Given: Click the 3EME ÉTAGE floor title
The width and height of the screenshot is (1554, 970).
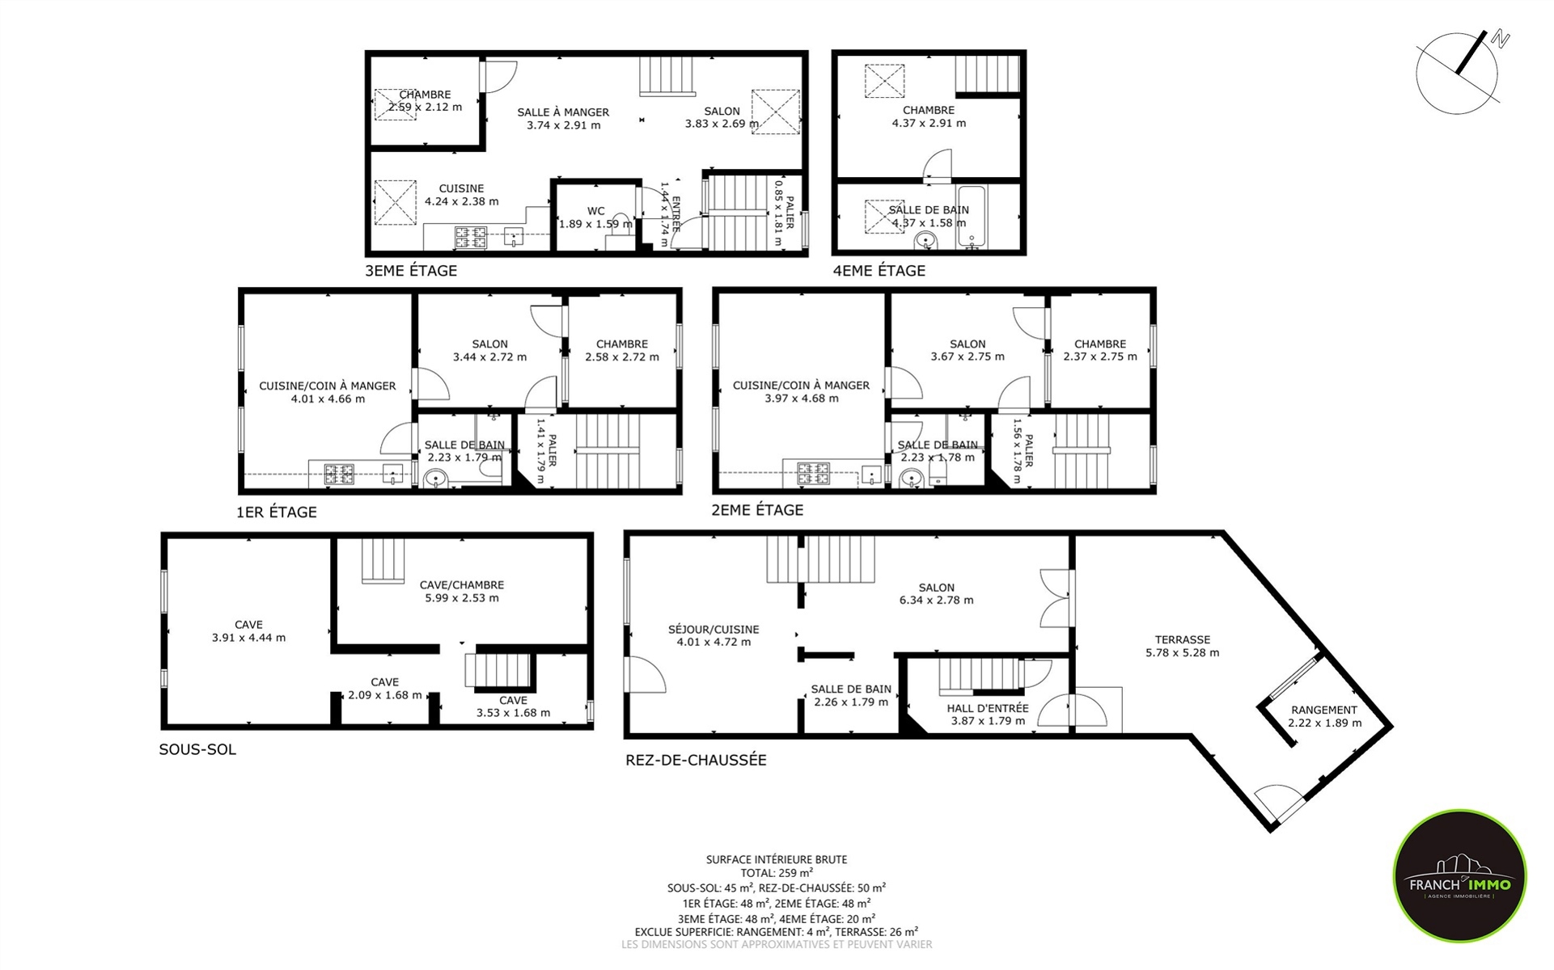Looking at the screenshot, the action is click(411, 271).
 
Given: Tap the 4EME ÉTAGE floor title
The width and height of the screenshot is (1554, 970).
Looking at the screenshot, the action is click(879, 271).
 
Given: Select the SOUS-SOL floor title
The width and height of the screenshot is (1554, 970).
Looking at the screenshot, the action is click(197, 749).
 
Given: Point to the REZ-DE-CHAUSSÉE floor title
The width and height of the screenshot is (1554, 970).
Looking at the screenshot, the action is click(696, 760).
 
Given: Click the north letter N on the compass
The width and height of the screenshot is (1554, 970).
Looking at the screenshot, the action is click(1501, 40).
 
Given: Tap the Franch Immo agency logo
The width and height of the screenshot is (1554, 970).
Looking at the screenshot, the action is click(1459, 875).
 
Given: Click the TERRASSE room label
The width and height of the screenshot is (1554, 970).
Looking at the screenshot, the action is click(1183, 639).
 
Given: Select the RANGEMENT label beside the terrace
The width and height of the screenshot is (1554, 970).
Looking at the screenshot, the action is click(1324, 710).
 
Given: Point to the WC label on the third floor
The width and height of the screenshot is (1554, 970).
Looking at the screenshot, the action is click(596, 211).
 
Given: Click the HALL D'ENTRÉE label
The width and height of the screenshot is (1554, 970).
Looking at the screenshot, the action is click(988, 708).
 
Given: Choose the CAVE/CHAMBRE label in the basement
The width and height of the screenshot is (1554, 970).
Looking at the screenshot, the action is click(462, 584).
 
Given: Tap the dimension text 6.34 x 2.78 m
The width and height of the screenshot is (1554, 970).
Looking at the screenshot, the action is click(937, 601).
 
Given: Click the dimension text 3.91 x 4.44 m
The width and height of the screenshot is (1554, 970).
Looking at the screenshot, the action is click(248, 638).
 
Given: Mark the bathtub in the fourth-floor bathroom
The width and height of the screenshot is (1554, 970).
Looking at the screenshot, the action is click(972, 216).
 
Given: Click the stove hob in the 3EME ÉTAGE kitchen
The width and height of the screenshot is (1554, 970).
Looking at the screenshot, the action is click(471, 238).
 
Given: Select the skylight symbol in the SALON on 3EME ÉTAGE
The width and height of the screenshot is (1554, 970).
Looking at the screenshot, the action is click(776, 112).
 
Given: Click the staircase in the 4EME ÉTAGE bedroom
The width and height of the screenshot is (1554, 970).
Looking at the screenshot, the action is click(988, 74).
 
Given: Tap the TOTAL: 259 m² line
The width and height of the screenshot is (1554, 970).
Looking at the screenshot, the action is click(777, 873).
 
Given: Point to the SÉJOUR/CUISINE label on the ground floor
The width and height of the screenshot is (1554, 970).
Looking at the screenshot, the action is click(713, 629).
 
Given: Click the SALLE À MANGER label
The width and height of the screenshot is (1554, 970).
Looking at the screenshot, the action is click(563, 112).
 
